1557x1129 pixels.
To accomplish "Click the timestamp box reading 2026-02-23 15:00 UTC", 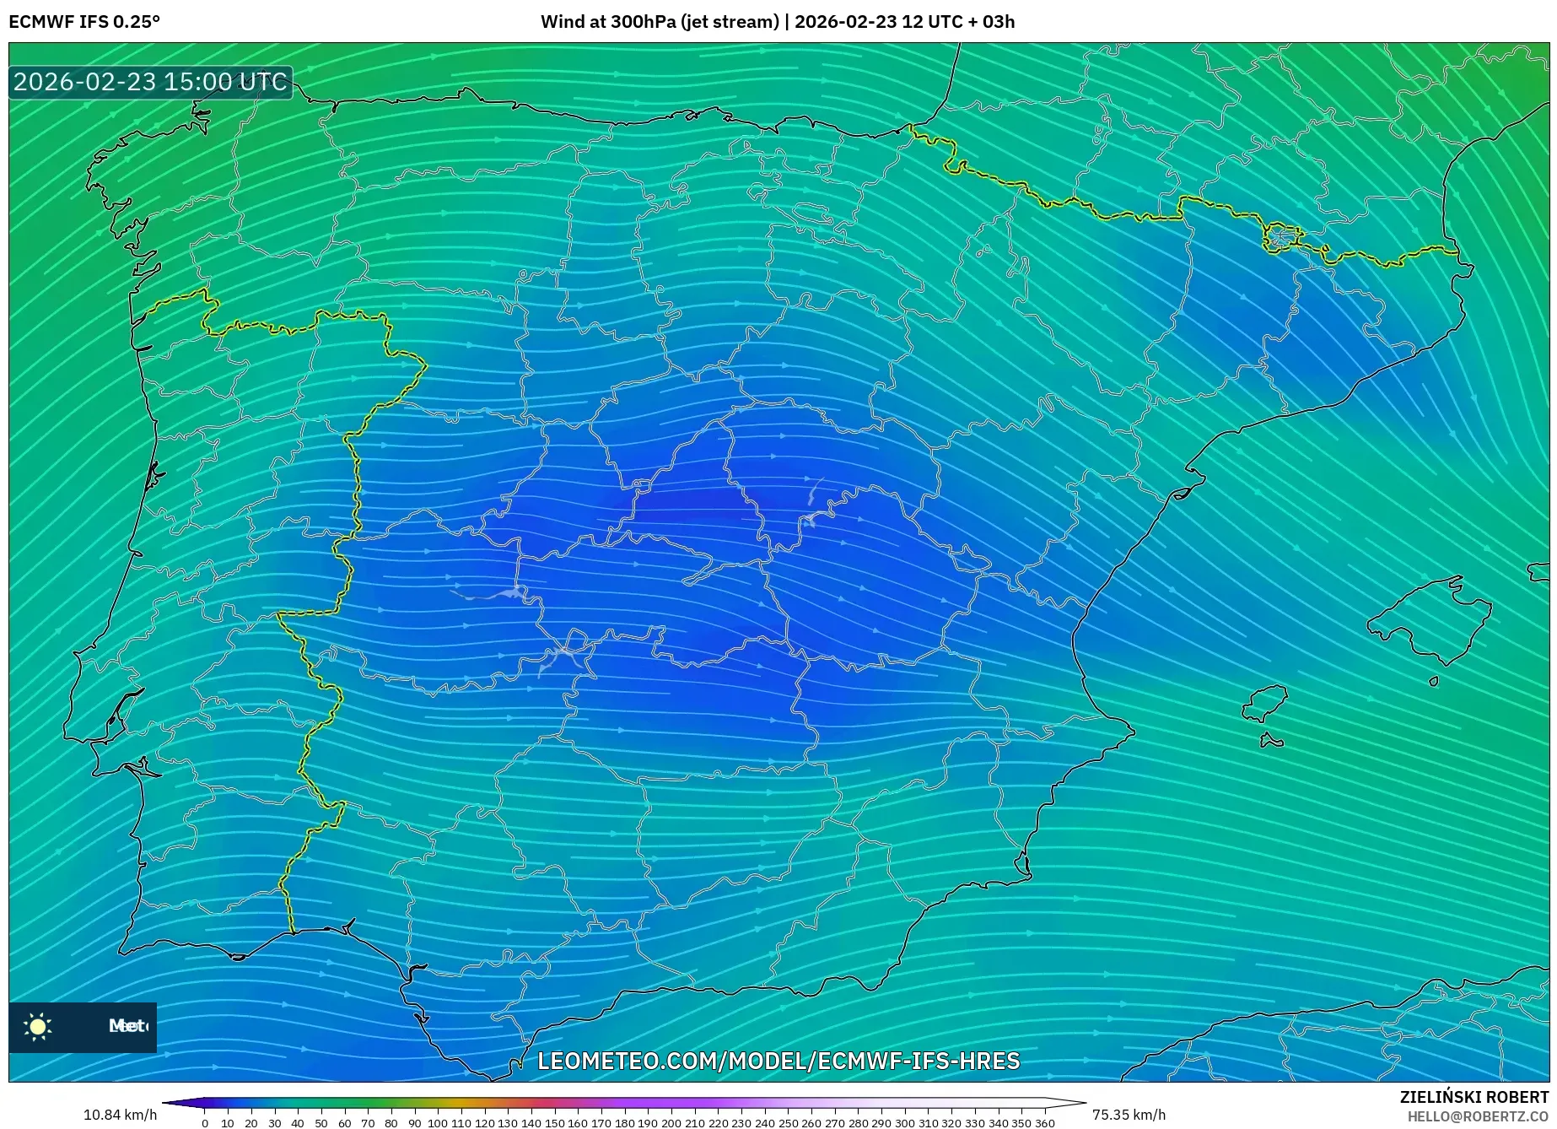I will coord(150,82).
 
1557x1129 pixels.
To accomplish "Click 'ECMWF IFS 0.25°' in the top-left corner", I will coord(84,22).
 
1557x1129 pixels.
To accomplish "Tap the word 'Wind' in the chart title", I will coord(562,22).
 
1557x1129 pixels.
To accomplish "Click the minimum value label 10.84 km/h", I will coord(120,1115).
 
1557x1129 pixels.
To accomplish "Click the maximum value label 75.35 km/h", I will coord(1129,1115).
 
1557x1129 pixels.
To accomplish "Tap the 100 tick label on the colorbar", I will coord(437,1123).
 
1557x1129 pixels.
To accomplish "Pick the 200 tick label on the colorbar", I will coord(671,1123).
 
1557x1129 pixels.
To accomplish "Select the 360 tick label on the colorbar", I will coord(1044,1123).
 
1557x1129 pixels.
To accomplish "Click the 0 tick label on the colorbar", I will coord(205,1123).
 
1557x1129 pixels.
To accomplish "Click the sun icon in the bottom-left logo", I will coord(38,1026).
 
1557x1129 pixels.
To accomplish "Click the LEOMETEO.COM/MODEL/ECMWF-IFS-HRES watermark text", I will coord(778,1061).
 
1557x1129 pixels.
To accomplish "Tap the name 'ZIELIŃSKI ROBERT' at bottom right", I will coord(1473,1097).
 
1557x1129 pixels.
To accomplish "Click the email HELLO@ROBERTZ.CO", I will coord(1477,1116).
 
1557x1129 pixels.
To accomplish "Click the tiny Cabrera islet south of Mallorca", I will coord(1433,681).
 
